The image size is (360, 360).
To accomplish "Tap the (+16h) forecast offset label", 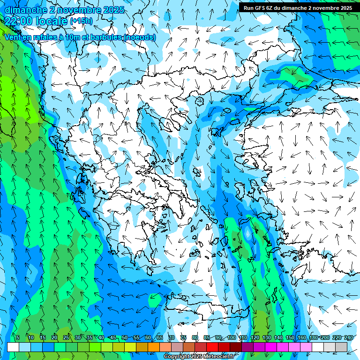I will (81, 21).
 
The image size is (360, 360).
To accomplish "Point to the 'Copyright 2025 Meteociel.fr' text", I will (199, 357).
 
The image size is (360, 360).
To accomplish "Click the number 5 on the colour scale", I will (18, 337).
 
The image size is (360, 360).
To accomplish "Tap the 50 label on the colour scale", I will (124, 337).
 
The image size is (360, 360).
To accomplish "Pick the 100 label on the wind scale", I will (231, 337).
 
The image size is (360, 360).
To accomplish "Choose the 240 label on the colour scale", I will (348, 337).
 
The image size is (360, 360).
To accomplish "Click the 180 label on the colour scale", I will (313, 337).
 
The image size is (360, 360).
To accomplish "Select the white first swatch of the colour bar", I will (13, 347).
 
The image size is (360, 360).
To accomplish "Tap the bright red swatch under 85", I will (212, 347).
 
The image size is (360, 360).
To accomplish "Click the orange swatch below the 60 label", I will (154, 347).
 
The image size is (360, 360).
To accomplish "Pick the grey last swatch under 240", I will (341, 347).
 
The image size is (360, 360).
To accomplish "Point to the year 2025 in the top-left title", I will (112, 10).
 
